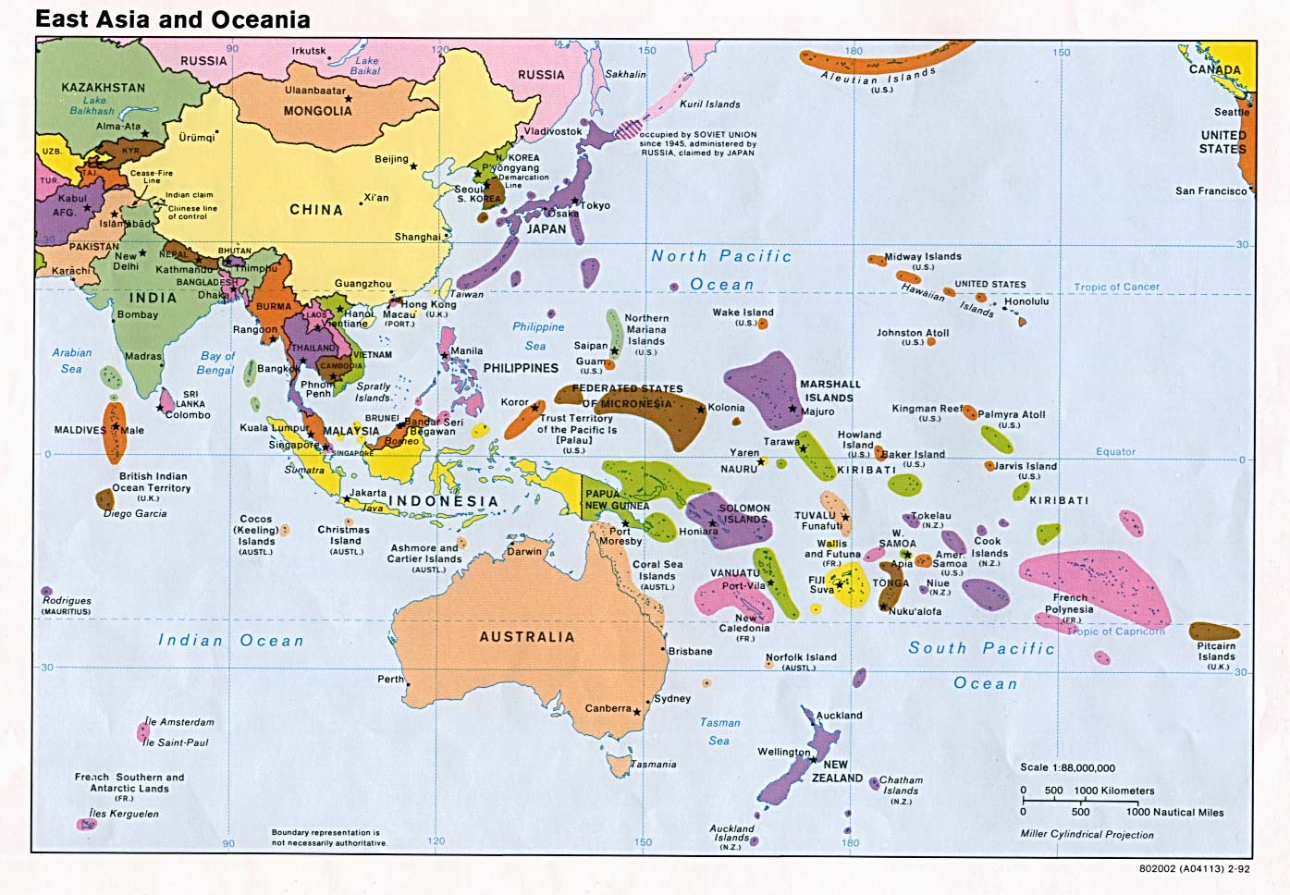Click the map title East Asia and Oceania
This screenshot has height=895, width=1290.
pyautogui.click(x=173, y=19)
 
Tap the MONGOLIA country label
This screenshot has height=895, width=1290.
pyautogui.click(x=317, y=111)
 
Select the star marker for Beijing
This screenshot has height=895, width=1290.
pyautogui.click(x=413, y=166)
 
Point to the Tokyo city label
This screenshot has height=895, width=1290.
pyautogui.click(x=596, y=205)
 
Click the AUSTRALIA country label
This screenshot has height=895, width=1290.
pyautogui.click(x=526, y=637)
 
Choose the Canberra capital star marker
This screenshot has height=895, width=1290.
pyautogui.click(x=637, y=711)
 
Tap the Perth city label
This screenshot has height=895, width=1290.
pyautogui.click(x=390, y=679)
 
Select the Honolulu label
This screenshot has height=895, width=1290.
pyautogui.click(x=1026, y=301)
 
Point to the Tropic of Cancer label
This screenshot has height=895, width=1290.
pyautogui.click(x=1116, y=287)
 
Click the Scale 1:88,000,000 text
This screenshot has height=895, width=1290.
pyautogui.click(x=1067, y=767)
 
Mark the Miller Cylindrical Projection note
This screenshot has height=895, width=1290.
pyautogui.click(x=1087, y=834)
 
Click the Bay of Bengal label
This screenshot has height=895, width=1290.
pyautogui.click(x=216, y=362)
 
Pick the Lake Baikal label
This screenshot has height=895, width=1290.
pyautogui.click(x=366, y=65)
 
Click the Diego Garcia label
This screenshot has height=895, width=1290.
pyautogui.click(x=135, y=513)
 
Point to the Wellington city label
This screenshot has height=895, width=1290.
pyautogui.click(x=783, y=752)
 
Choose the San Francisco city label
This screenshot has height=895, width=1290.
pyautogui.click(x=1210, y=191)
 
